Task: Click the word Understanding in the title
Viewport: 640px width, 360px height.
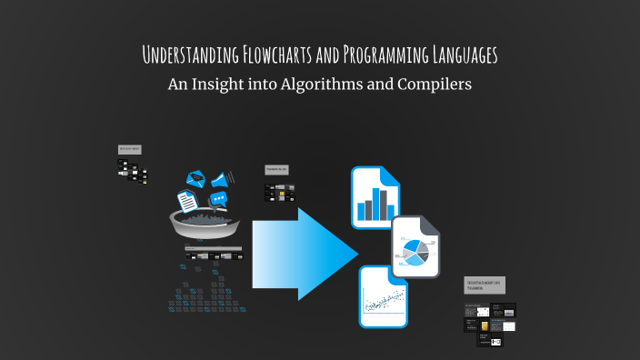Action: pos(190,55)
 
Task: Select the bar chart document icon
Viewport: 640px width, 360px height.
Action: pos(375,197)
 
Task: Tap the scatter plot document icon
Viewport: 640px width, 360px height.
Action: pos(383,296)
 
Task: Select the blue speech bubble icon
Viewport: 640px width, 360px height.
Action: pos(218,198)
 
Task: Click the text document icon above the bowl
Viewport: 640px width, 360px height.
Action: pos(187,199)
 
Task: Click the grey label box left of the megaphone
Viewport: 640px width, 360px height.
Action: pos(130,148)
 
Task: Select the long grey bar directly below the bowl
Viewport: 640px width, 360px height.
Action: pos(213,247)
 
